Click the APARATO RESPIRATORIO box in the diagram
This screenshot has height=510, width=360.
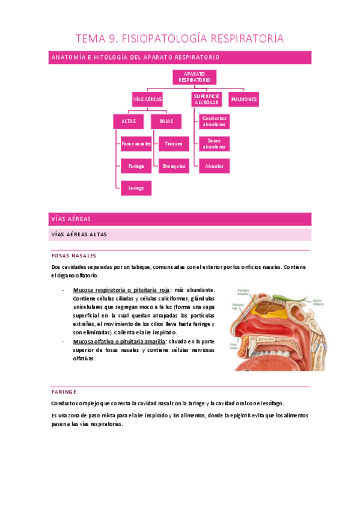[194, 76]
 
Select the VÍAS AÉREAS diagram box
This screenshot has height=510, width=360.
[147, 99]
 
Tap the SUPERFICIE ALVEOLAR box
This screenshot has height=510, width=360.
[206, 99]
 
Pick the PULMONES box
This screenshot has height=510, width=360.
[243, 99]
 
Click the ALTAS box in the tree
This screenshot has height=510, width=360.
[129, 121]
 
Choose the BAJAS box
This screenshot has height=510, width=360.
[166, 121]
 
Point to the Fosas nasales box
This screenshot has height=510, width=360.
[136, 144]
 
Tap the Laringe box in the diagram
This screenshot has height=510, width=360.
[136, 188]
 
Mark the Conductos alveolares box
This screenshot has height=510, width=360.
[214, 121]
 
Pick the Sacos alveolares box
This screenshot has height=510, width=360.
[214, 144]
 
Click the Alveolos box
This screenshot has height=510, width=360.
[214, 166]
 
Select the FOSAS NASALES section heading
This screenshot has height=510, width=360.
[74, 255]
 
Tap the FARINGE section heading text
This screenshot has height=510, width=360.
[64, 391]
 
